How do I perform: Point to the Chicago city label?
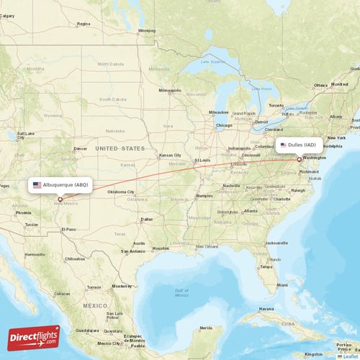tap(224, 125)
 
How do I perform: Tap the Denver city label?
tap(80, 150)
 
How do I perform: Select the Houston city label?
tap(161, 248)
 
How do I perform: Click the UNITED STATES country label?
tap(120, 148)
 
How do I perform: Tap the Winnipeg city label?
tap(147, 31)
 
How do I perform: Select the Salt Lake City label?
tap(25, 135)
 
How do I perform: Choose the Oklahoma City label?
tap(120, 192)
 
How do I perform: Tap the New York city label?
tap(336, 138)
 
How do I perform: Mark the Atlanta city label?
tap(251, 211)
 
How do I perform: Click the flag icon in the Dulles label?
tap(284, 145)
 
